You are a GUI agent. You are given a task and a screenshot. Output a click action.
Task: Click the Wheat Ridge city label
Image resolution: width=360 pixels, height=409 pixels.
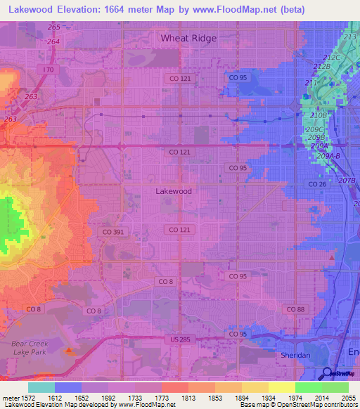188,38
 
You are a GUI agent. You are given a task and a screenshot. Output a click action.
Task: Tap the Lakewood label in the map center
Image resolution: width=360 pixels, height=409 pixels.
173,190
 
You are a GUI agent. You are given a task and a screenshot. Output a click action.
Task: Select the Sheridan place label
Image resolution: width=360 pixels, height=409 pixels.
295,356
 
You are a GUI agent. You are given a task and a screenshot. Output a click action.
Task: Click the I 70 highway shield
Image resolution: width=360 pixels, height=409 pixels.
48,70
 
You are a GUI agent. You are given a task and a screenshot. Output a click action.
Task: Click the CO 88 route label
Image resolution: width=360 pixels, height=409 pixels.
295,309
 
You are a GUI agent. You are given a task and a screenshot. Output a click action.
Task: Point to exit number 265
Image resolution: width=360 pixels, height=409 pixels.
53,27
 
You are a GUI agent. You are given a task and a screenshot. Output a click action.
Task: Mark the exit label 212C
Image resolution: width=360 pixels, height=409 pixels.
330,57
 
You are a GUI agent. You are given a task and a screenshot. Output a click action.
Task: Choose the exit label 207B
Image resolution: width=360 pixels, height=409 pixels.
347,181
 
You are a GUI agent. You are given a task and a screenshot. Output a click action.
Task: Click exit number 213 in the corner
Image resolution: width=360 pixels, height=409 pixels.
350,37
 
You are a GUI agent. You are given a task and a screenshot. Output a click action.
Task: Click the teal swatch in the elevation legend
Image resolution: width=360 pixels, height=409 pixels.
41,387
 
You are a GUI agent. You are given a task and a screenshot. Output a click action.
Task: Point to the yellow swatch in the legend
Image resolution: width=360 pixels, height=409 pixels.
281,387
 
